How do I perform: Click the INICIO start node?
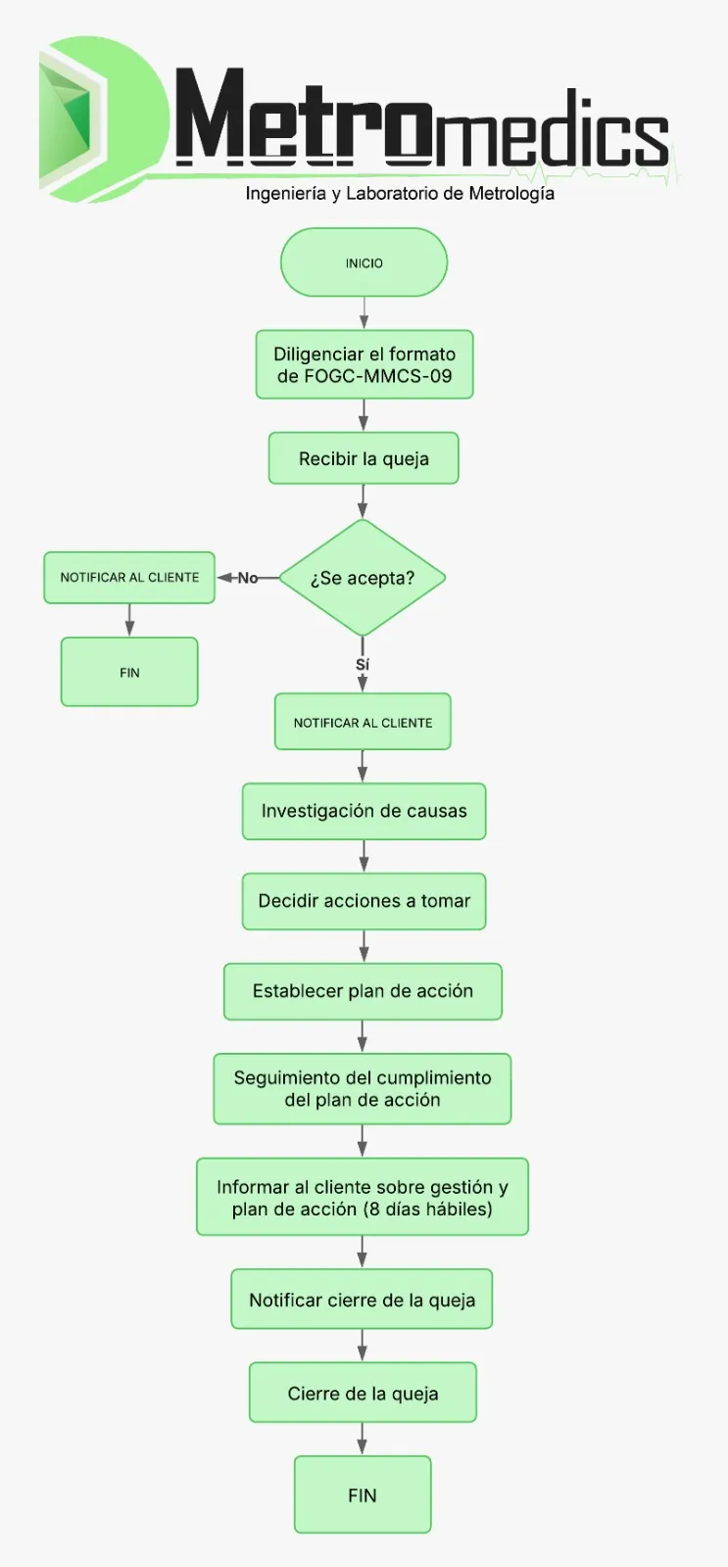(364, 262)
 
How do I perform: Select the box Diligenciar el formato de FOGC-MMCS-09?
(364, 364)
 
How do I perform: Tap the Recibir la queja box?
(364, 458)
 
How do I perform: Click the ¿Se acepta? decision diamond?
(363, 578)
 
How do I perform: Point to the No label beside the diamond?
(247, 578)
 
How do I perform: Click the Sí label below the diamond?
(363, 665)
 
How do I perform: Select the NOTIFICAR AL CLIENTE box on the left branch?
(129, 578)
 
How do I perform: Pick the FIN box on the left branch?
(129, 672)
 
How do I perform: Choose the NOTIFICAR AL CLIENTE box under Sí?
(363, 722)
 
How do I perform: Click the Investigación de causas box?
(364, 811)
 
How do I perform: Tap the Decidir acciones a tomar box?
(364, 901)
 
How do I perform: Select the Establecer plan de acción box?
(363, 991)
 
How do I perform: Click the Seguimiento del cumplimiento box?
(363, 1088)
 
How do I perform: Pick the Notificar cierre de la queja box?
(362, 1300)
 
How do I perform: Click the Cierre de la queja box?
(363, 1393)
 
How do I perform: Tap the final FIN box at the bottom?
(363, 1495)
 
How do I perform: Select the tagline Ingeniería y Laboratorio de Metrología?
(400, 194)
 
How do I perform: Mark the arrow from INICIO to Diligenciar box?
(364, 313)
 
